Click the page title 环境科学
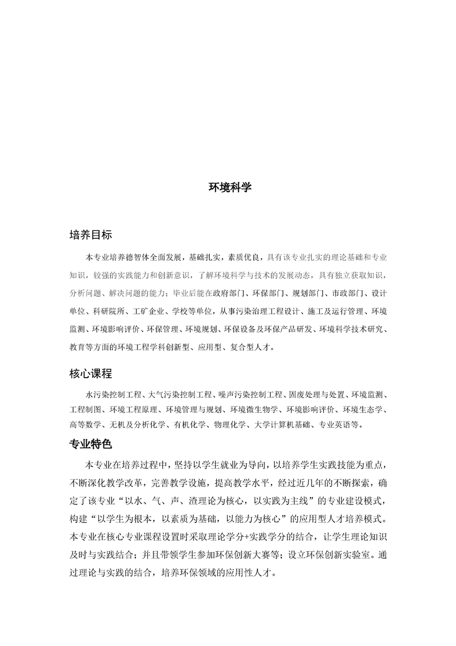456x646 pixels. coord(230,188)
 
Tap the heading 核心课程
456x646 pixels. coord(90,374)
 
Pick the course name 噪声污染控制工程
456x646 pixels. coord(250,395)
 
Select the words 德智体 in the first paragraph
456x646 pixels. coord(134,255)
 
